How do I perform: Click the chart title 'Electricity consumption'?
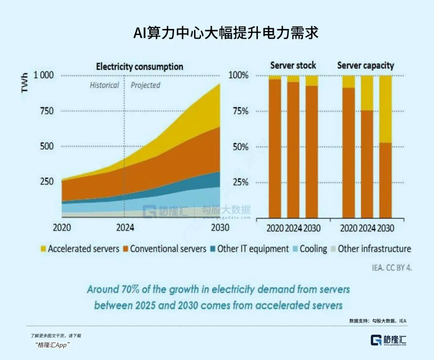(139, 67)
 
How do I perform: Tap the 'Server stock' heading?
(293, 66)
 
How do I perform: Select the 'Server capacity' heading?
(365, 66)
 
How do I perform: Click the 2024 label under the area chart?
(125, 228)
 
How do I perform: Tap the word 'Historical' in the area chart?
(104, 85)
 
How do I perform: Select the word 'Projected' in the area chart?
(145, 85)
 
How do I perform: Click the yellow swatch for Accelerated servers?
(43, 249)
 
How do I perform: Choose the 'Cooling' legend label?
(313, 249)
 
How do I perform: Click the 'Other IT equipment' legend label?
(253, 249)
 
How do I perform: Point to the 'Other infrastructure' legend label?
(374, 249)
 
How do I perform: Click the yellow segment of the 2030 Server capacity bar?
(385, 109)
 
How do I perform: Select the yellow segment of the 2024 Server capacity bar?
(367, 93)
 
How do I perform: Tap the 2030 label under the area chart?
(220, 228)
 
